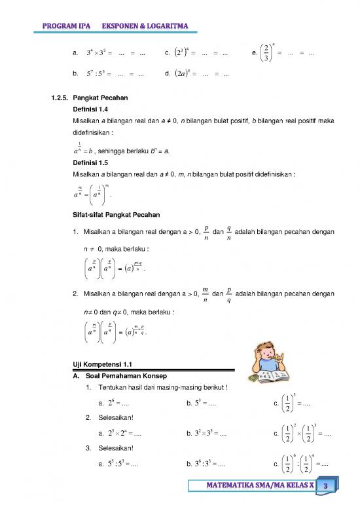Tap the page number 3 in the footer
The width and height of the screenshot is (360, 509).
326,485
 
